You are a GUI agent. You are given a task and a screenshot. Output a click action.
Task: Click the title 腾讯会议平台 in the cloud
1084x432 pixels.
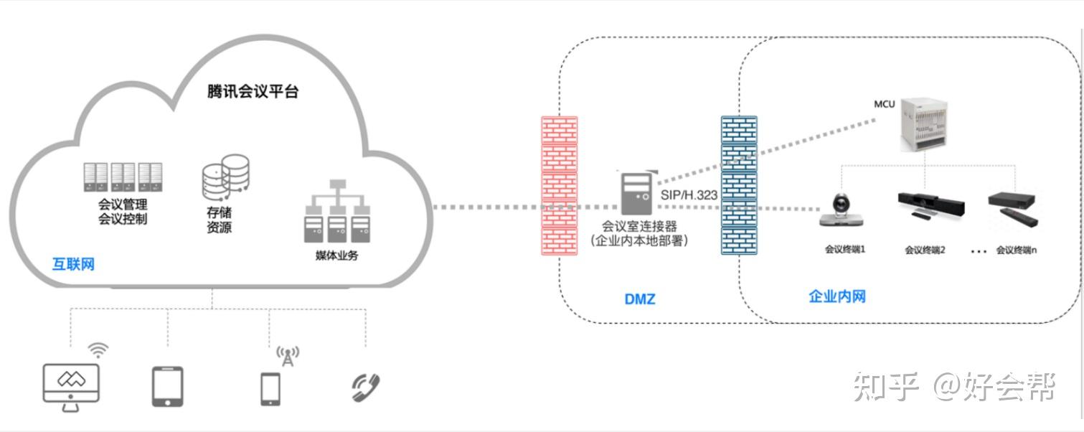click(253, 91)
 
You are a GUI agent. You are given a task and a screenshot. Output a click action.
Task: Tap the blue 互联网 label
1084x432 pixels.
click(73, 264)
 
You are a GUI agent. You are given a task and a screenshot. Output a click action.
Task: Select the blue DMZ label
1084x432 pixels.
click(640, 299)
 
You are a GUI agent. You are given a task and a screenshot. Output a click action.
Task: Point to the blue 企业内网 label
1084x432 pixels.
click(837, 296)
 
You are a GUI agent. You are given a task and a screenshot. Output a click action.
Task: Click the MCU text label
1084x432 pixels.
click(884, 104)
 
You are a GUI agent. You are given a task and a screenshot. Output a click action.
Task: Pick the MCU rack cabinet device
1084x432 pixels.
click(923, 124)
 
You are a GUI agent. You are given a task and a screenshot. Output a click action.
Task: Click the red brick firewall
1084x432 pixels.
click(560, 185)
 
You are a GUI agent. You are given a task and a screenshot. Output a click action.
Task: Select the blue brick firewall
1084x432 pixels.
click(739, 185)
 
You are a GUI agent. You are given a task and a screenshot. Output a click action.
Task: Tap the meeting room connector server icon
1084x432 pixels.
click(636, 193)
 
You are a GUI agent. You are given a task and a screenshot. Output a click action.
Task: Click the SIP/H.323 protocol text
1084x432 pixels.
click(689, 195)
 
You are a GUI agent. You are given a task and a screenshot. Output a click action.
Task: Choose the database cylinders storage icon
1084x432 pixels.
click(225, 177)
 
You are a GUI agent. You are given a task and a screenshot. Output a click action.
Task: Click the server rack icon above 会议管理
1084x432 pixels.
click(123, 177)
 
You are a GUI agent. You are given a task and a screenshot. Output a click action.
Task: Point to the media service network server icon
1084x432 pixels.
click(337, 211)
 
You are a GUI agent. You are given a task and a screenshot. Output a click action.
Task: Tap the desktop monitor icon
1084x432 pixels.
click(71, 387)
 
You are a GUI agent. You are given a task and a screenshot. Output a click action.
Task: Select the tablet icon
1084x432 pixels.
click(167, 387)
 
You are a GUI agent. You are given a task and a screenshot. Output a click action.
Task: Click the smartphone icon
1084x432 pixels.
click(270, 389)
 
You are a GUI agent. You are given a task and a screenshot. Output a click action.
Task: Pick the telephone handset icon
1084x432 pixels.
click(366, 388)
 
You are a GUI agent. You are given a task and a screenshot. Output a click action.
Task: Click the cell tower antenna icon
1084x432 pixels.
click(288, 356)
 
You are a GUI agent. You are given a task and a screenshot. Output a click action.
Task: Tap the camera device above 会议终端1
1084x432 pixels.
click(842, 210)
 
